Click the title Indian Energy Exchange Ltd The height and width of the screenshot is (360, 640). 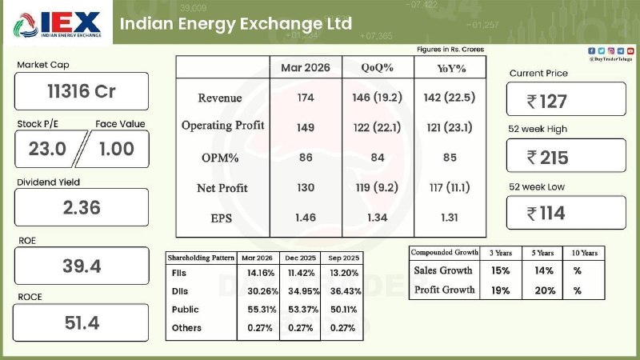[x=235, y=23]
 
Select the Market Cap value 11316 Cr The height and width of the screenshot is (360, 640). [x=82, y=91]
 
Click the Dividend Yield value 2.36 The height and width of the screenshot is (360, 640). [x=82, y=207]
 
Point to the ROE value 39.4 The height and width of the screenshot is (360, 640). [x=82, y=266]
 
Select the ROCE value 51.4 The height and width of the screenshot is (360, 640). [x=82, y=322]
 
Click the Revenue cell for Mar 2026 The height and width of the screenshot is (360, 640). [x=306, y=98]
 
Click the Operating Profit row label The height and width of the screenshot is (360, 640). [x=222, y=126]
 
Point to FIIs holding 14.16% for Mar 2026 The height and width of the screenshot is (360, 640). [x=258, y=274]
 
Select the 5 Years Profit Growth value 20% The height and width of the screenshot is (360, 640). [x=546, y=290]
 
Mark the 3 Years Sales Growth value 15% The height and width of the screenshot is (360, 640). [x=500, y=271]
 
